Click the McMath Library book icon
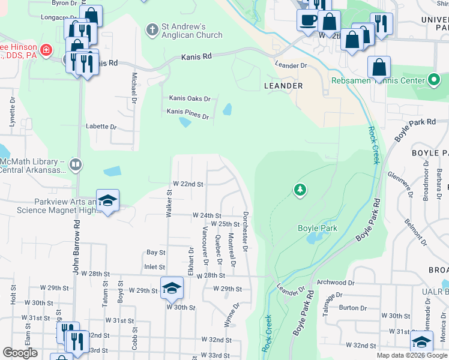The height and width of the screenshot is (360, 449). pyautogui.click(x=76, y=164)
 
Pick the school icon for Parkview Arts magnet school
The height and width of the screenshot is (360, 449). pyautogui.click(x=107, y=201)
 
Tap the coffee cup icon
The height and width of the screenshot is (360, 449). pyautogui.click(x=309, y=20)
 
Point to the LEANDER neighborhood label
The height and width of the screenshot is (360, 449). pyautogui.click(x=283, y=86)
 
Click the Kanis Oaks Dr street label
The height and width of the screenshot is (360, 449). pyautogui.click(x=189, y=98)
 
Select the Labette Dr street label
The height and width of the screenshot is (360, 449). pyautogui.click(x=101, y=127)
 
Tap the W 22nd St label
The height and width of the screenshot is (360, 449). pyautogui.click(x=188, y=184)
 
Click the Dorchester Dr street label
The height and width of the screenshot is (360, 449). pyautogui.click(x=246, y=227)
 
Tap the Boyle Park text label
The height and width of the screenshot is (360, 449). pyautogui.click(x=318, y=228)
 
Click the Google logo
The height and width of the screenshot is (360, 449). pyautogui.click(x=20, y=353)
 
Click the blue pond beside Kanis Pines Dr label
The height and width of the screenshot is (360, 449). pyautogui.click(x=185, y=122)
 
